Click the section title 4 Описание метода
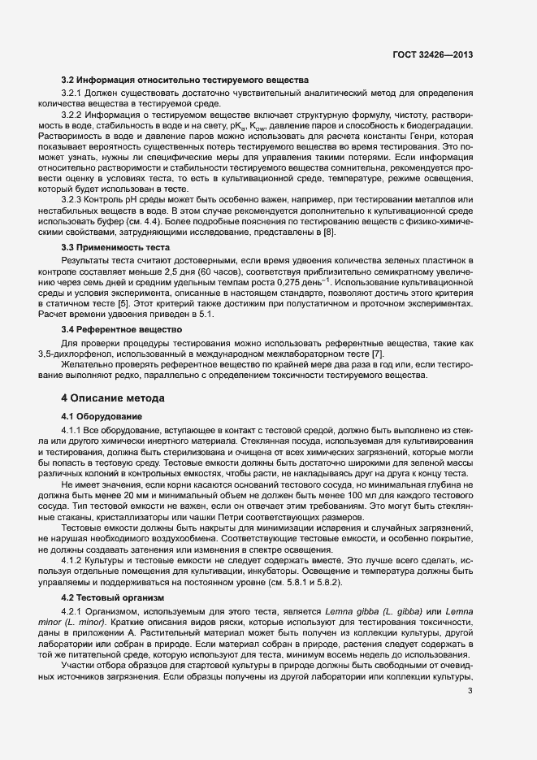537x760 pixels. point(114,399)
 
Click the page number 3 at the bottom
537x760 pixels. point(470,669)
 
